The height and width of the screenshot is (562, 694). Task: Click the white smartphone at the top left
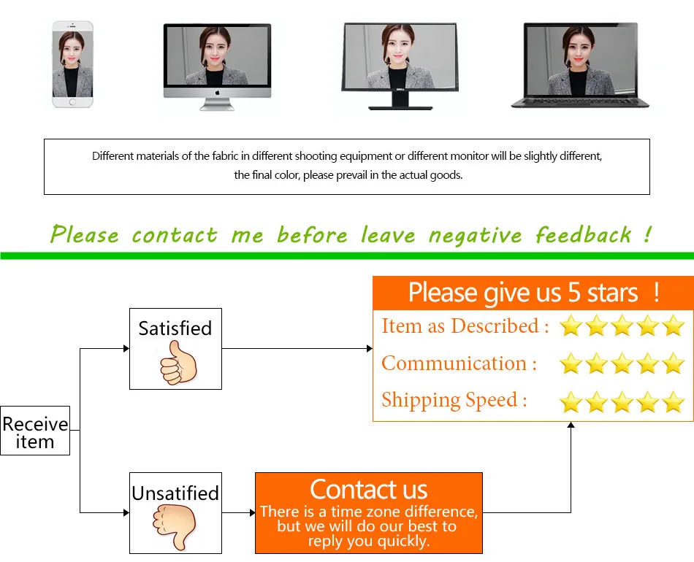click(72, 64)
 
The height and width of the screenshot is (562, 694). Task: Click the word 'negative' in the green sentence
click(475, 235)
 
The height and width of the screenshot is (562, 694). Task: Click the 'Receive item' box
click(35, 431)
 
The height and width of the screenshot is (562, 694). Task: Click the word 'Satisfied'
click(175, 328)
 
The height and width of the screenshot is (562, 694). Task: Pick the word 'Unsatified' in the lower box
click(175, 493)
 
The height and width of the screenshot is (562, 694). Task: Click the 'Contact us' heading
click(368, 489)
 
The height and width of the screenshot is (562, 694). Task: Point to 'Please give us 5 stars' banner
click(533, 293)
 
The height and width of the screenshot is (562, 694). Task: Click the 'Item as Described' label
click(465, 326)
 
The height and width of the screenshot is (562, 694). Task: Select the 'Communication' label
click(459, 363)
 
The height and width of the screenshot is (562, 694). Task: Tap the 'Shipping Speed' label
click(454, 400)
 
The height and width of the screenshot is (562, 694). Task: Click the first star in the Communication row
click(571, 364)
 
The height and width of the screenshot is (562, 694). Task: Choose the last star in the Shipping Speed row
click(673, 401)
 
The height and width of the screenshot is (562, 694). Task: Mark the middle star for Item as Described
click(622, 326)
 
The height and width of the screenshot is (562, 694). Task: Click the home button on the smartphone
click(72, 102)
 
